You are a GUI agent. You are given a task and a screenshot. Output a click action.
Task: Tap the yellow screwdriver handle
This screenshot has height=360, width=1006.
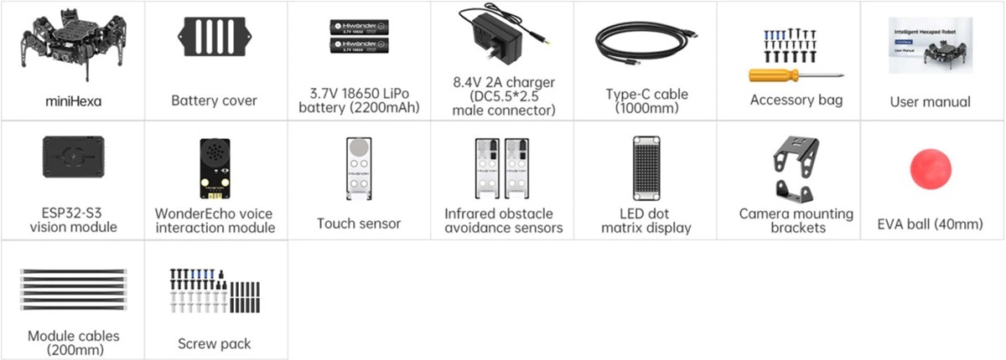[x=769, y=75]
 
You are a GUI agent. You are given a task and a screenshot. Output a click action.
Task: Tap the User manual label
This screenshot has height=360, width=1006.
[x=930, y=102]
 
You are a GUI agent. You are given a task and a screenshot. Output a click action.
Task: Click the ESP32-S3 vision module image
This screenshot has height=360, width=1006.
[x=73, y=157]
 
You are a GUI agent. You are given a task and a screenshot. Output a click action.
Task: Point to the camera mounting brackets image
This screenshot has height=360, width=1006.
[x=789, y=167]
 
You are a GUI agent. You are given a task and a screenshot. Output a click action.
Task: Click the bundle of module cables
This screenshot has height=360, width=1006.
[x=73, y=290]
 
